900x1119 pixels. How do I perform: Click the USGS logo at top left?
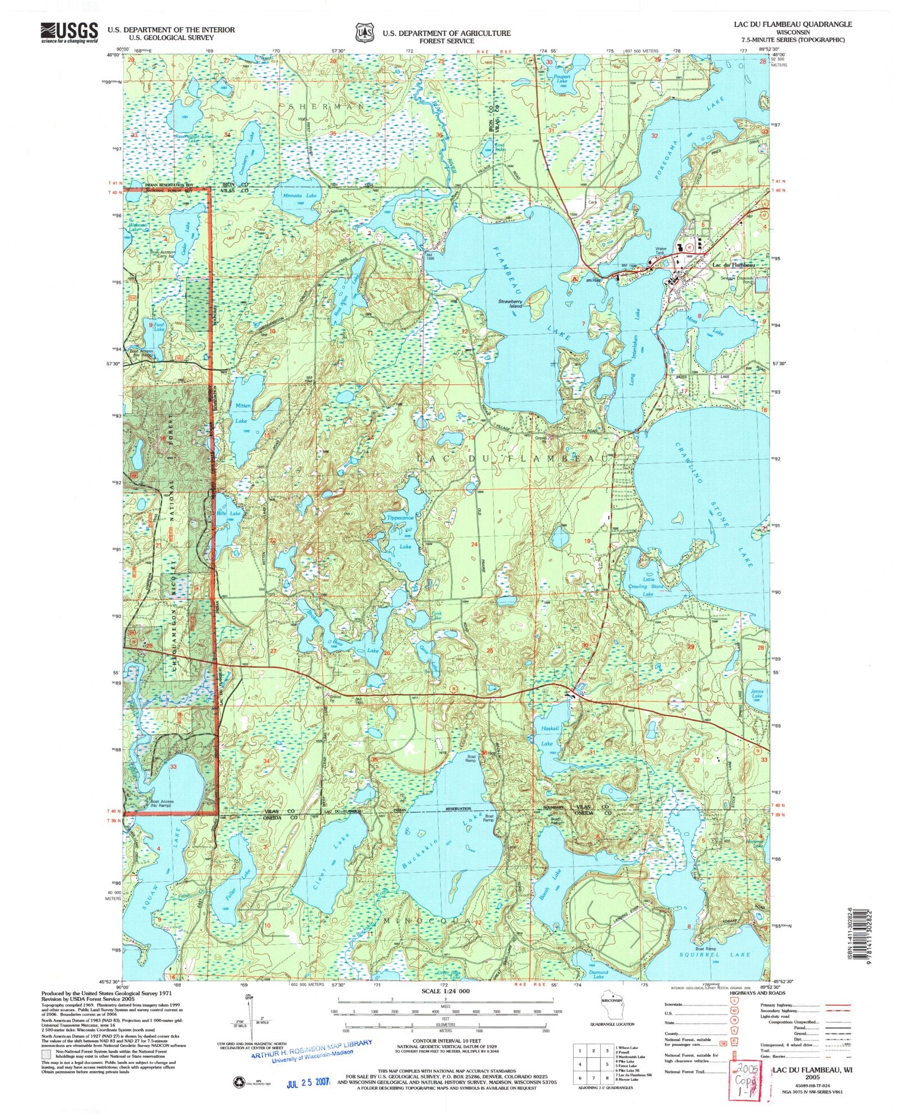click(x=69, y=33)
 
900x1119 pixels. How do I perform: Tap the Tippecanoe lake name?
click(x=400, y=517)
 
